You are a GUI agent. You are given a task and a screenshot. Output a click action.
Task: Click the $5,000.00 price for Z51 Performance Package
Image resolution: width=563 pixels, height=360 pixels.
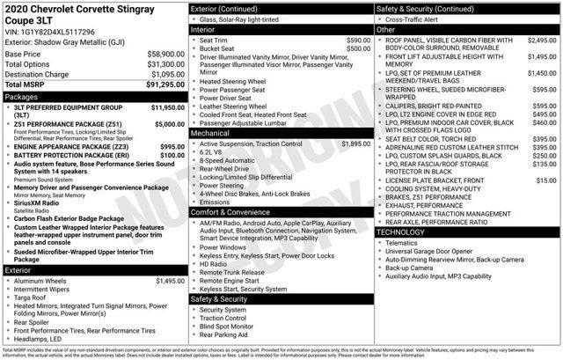[168, 124]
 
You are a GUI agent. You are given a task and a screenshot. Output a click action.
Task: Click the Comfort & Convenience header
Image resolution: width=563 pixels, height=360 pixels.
[231, 212]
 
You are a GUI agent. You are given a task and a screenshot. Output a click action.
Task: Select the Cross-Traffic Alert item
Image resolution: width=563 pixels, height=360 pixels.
[414, 19]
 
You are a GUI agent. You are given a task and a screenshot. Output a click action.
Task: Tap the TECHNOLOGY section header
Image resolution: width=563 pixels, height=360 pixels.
[406, 231]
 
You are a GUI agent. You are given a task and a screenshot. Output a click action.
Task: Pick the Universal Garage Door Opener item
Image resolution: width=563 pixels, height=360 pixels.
[435, 251]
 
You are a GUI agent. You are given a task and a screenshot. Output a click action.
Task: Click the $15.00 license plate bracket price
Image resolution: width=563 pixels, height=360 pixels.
[546, 180]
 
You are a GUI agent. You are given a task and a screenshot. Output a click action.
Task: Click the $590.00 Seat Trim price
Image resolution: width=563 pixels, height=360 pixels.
[358, 40]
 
